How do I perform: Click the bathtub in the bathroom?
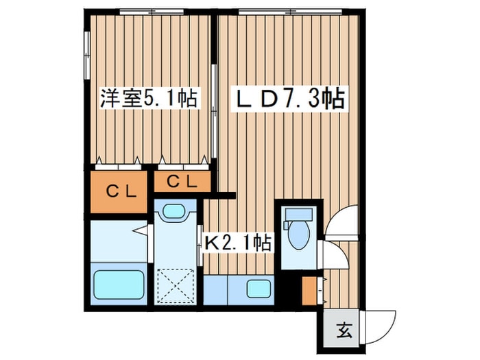(117, 285)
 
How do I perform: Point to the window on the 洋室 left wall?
(87, 55)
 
